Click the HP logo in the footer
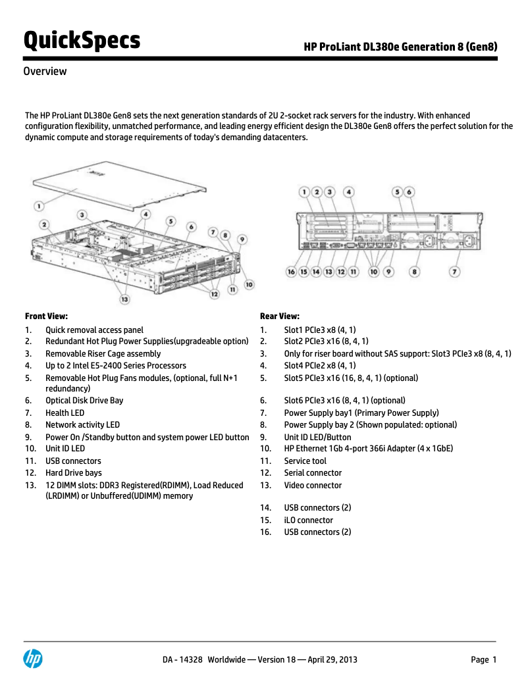tap(33, 659)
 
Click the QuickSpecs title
tap(82, 41)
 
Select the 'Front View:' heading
tap(46, 316)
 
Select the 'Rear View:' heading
tap(280, 316)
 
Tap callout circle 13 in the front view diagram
tap(124, 299)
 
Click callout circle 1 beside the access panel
tap(39, 206)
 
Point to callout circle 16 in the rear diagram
tap(291, 271)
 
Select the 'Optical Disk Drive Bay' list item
tap(84, 401)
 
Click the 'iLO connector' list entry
tap(308, 520)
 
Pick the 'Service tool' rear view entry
tap(305, 461)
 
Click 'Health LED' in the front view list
tap(65, 413)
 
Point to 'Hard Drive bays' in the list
tap(73, 473)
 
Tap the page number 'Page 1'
tap(483, 660)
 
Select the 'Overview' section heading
tap(45, 72)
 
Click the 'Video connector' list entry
tap(313, 486)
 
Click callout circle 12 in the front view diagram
tap(214, 294)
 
